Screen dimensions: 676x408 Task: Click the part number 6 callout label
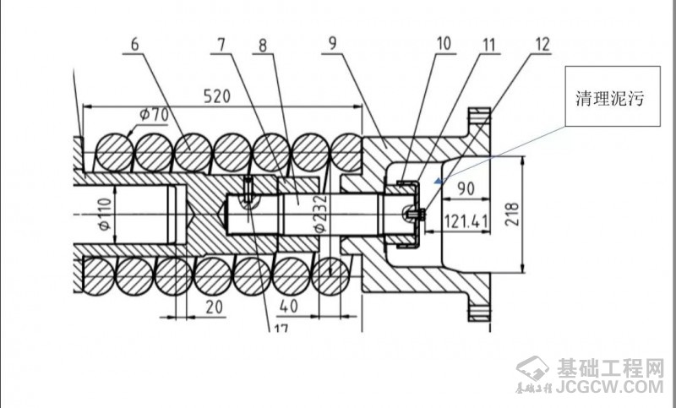(x=135, y=44)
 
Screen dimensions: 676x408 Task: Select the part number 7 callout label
(x=221, y=44)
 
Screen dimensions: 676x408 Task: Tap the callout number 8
(x=263, y=45)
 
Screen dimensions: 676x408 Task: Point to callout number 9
(x=332, y=44)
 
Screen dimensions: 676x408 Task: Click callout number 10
(x=444, y=44)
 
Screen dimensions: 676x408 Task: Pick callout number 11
(x=489, y=45)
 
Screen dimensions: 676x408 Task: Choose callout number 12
(x=542, y=44)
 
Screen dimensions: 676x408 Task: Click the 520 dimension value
(x=217, y=96)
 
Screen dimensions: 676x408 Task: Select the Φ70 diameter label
(x=154, y=115)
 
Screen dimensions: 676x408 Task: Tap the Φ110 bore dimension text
(x=105, y=213)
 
